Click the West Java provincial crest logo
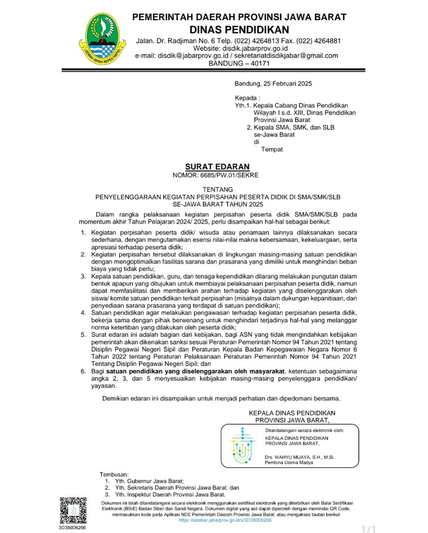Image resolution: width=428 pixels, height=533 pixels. [102, 39]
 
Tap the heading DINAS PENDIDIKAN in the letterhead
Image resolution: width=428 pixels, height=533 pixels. [239, 30]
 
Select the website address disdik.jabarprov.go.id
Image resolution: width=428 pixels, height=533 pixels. [255, 48]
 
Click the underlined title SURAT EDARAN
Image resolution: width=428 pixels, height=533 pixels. [217, 167]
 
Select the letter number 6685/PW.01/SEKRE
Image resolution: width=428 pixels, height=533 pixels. [229, 175]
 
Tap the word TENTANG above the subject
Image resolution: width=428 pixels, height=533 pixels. [218, 189]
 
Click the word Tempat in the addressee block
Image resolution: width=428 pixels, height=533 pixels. [272, 149]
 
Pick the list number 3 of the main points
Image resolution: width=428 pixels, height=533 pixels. [83, 276]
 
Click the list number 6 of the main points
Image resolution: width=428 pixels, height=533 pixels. [83, 371]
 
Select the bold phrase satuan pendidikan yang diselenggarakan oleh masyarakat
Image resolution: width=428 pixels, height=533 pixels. [195, 371]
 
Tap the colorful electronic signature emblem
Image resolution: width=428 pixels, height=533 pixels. [242, 446]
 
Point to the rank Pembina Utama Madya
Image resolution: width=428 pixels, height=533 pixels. [289, 462]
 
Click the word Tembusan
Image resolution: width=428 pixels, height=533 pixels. [114, 474]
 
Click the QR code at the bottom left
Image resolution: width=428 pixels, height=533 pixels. [73, 510]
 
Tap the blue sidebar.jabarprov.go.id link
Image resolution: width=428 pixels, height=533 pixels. [225, 520]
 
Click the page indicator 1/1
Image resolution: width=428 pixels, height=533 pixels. [368, 529]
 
